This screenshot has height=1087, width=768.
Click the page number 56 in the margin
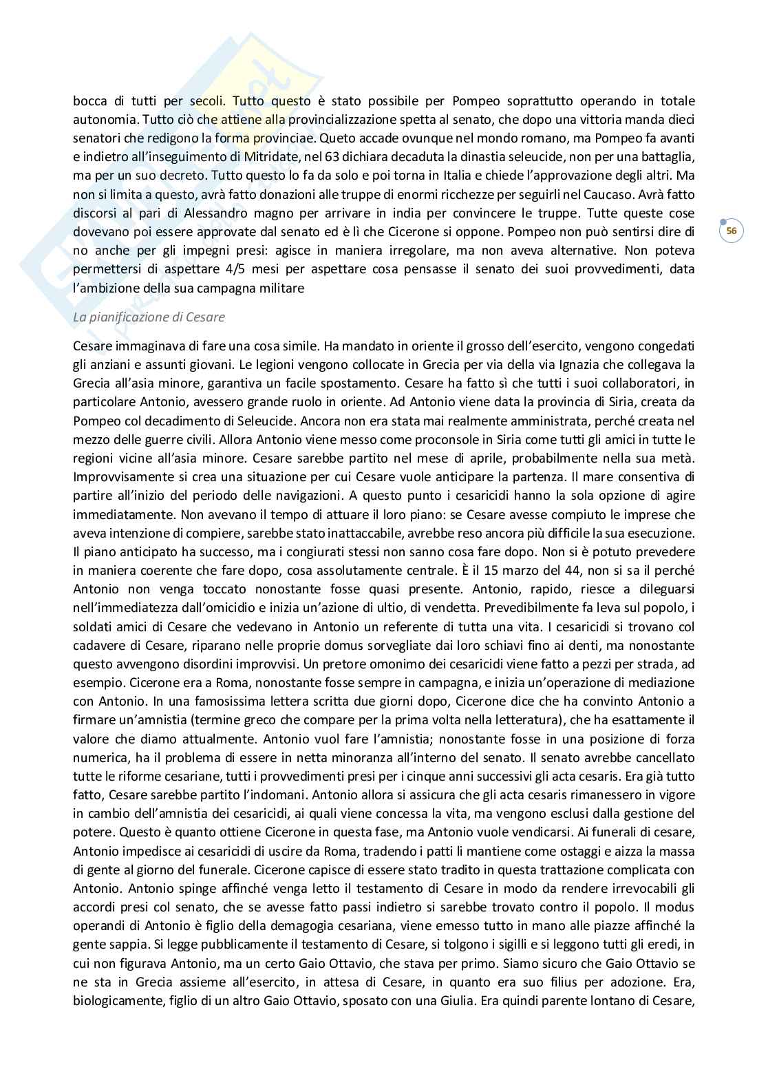point(731,231)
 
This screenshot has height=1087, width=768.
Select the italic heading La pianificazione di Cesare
point(149,317)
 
